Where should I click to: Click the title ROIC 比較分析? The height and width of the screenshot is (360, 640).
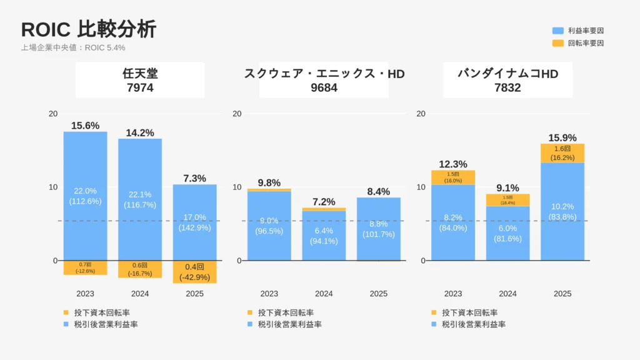(89, 29)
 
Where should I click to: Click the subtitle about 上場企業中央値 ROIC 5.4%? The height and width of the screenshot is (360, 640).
(73, 47)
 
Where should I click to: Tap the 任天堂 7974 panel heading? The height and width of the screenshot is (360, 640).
(140, 81)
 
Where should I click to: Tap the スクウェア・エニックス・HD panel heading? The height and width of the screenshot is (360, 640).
(324, 81)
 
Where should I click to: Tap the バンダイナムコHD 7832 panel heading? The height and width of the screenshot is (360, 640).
(507, 81)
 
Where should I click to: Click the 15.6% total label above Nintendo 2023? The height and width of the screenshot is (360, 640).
(85, 126)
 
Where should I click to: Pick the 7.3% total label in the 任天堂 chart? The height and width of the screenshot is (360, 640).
(194, 178)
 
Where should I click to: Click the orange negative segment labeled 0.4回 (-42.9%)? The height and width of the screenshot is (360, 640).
(194, 272)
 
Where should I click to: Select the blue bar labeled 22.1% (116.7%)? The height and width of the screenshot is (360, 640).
(140, 199)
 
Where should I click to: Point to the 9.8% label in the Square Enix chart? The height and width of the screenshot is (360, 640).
(269, 182)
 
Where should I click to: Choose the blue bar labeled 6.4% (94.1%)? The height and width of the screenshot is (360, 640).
(324, 235)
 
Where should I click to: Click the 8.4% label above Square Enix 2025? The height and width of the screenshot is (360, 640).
(378, 191)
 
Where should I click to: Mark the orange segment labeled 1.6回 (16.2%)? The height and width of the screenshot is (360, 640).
(562, 154)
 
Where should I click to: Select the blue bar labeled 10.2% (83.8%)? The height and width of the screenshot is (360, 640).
(562, 212)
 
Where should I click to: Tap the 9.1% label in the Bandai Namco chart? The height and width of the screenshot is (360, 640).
(507, 187)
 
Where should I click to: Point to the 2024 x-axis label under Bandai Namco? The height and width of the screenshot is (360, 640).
(507, 294)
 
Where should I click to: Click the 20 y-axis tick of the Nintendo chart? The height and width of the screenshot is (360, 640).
(53, 114)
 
